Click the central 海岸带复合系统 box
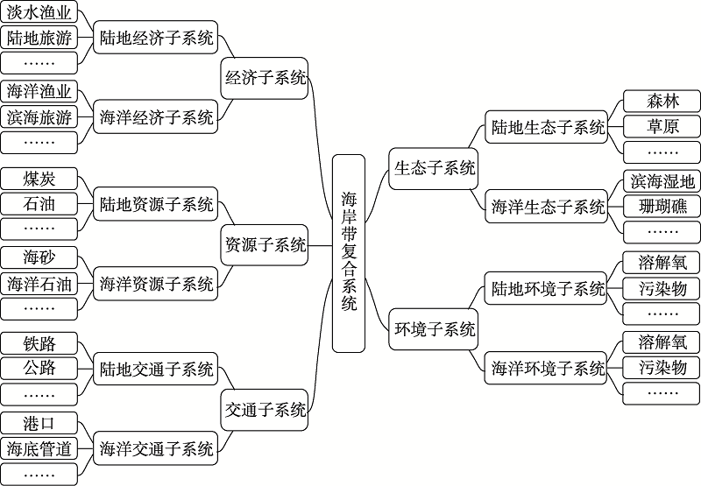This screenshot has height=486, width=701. coord(349,253)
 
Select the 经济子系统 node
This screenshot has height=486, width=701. coord(265,78)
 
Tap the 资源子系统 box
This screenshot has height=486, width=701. coord(265,245)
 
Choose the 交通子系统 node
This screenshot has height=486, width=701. coord(265,410)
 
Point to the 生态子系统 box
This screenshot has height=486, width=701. coord(434,168)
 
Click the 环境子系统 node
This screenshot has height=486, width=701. coord(434,329)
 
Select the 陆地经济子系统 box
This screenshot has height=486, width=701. coord(156,38)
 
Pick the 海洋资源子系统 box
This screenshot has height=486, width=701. coord(156,284)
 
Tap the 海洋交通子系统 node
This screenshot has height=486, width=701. coord(156,448)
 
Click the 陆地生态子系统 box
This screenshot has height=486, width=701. coord(547,127)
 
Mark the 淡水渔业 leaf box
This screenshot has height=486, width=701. coord(39,12)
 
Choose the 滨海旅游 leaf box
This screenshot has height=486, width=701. coord(39,117)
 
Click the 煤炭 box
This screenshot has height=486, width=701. coord(39,179)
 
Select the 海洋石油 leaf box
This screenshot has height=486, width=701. coord(39,284)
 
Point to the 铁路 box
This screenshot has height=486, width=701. coord(39,343)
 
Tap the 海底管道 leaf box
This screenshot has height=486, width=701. coord(39,448)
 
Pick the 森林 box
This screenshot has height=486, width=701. coord(662,101)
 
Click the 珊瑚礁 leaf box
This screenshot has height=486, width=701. coord(662,207)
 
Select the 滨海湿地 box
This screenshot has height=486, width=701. coord(662,181)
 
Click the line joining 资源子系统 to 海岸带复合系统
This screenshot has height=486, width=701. coord(320,245)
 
